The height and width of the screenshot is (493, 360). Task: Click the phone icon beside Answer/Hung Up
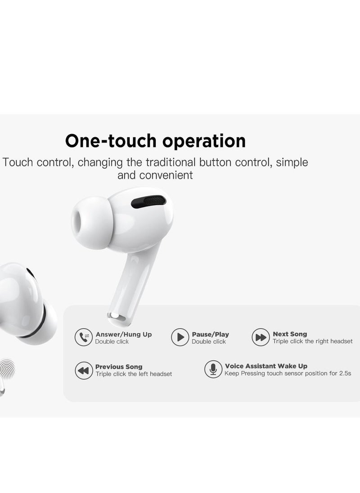(83, 337)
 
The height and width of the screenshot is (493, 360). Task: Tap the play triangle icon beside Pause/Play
(180, 337)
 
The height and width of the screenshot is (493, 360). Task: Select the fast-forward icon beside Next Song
(261, 337)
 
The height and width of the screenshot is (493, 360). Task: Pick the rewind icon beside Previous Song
(83, 370)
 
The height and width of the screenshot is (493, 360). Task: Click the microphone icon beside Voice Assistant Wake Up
(213, 369)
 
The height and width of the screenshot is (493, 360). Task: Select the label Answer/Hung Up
(124, 334)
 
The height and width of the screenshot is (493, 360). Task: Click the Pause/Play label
(210, 334)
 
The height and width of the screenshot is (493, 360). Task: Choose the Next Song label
(290, 334)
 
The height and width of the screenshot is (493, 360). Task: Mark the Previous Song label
(119, 367)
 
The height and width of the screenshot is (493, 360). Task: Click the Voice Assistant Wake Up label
(266, 366)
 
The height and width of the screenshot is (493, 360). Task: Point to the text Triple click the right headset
(312, 341)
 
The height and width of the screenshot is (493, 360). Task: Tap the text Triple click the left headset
(134, 374)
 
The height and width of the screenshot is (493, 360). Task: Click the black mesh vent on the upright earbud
(147, 201)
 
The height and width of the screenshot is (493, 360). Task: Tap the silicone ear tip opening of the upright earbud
(83, 220)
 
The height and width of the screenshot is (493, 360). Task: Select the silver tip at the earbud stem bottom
(118, 318)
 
